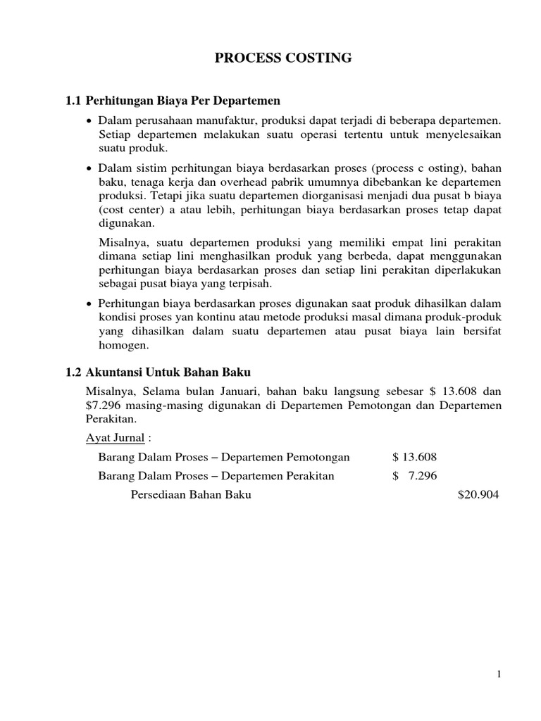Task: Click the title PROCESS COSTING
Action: pyautogui.click(x=283, y=58)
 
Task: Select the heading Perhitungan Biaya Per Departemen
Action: pyautogui.click(x=182, y=101)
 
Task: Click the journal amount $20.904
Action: pyautogui.click(x=478, y=495)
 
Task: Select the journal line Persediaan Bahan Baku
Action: pyautogui.click(x=191, y=495)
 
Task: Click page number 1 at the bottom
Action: pyautogui.click(x=499, y=675)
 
